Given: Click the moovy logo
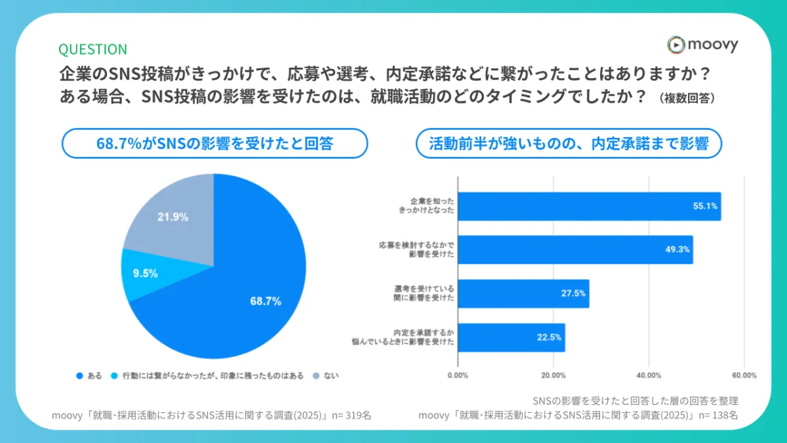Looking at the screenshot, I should point(702,45).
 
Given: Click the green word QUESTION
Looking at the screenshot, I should point(92,49).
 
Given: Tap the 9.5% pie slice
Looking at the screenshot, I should point(144,273).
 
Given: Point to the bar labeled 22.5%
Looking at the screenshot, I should point(511,337).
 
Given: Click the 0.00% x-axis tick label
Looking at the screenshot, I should point(457,375).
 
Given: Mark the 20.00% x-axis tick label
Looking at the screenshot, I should point(553,375).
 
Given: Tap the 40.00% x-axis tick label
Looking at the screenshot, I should point(649,375).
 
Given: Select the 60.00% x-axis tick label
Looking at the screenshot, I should point(744,375).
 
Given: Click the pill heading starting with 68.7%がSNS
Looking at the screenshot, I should point(214,143).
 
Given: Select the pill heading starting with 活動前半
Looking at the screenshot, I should point(569,143).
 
